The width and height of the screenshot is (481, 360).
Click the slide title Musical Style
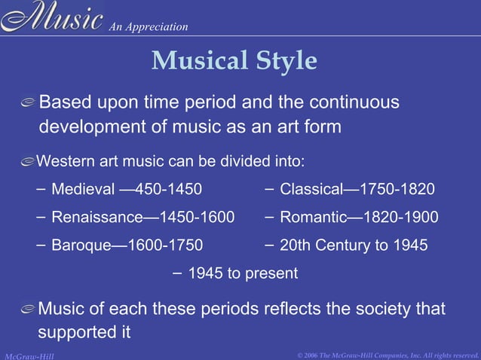click(x=234, y=61)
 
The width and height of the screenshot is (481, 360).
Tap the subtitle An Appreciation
click(x=148, y=27)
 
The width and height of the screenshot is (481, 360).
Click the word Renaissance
click(x=96, y=218)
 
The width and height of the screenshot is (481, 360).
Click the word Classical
click(x=309, y=188)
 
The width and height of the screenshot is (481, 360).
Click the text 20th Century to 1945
click(x=354, y=246)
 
